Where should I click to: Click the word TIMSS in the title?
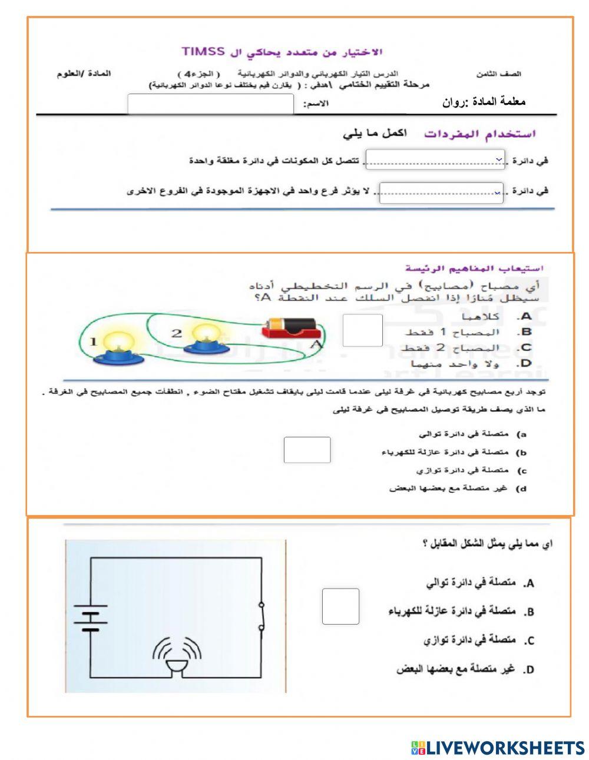203,51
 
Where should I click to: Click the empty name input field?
210,104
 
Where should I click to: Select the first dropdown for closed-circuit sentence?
435,160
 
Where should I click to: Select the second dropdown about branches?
441,193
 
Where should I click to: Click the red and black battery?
290,327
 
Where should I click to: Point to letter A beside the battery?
315,344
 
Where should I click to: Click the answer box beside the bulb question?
362,330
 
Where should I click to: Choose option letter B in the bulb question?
526,332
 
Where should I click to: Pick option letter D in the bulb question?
526,363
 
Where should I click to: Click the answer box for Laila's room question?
307,450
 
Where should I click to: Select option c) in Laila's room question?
521,471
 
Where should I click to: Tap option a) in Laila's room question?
521,434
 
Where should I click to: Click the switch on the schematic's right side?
262,616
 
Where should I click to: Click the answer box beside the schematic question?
340,606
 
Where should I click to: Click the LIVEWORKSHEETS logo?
497,748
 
